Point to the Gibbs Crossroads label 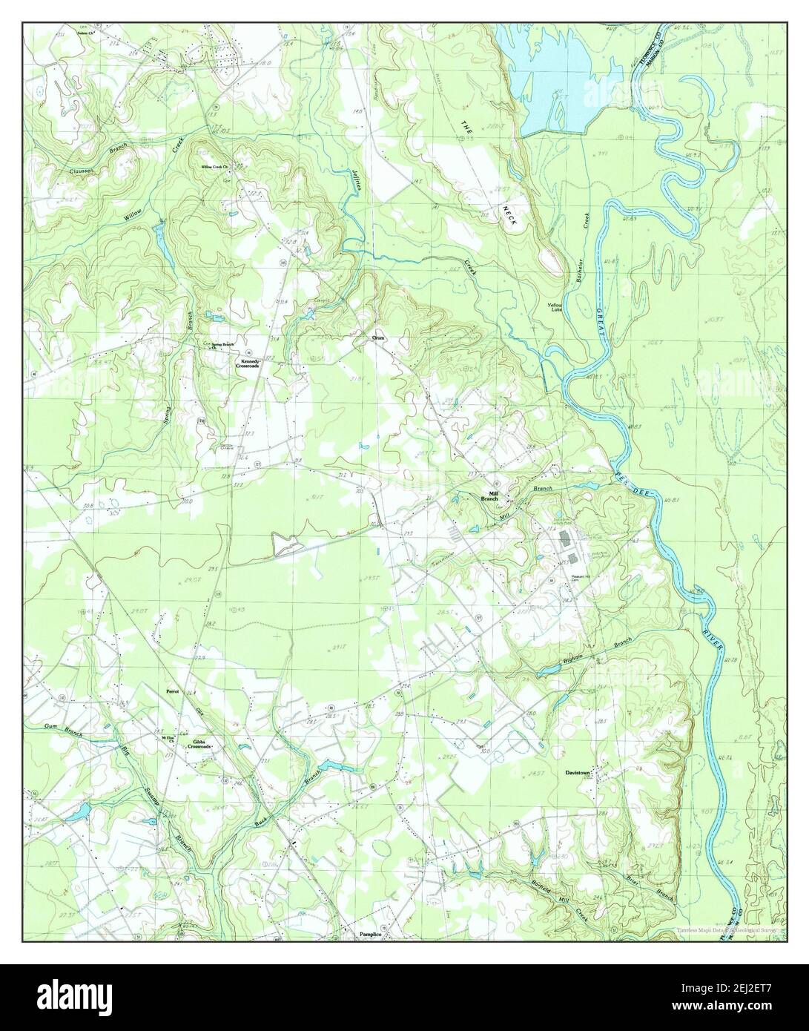199,745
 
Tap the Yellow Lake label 555,307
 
